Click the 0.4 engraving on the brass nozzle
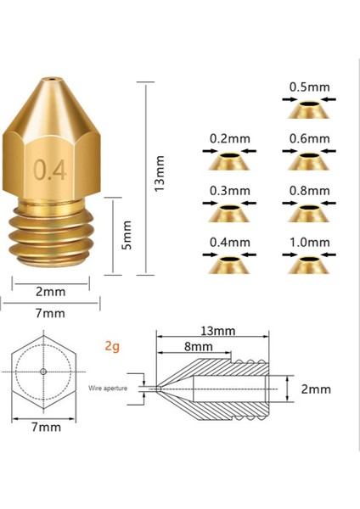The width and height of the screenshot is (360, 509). point(50,171)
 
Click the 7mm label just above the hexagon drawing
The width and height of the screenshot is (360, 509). point(50,313)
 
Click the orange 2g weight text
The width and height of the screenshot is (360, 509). point(112,346)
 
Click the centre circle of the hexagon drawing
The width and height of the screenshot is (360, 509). point(43,373)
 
